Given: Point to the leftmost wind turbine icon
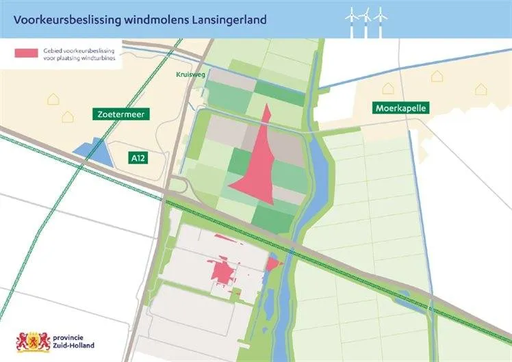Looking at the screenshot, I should pos(353,21).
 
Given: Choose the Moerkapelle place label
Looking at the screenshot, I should pos(400,108).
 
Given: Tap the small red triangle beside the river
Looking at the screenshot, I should pos(273,263).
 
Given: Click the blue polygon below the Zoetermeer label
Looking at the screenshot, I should pos(90,153).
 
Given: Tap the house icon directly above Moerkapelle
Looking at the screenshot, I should pos(388,88).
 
